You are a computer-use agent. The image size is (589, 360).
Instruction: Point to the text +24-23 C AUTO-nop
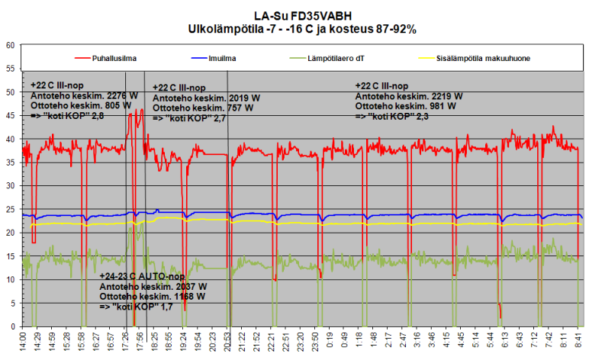pos(142,277)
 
